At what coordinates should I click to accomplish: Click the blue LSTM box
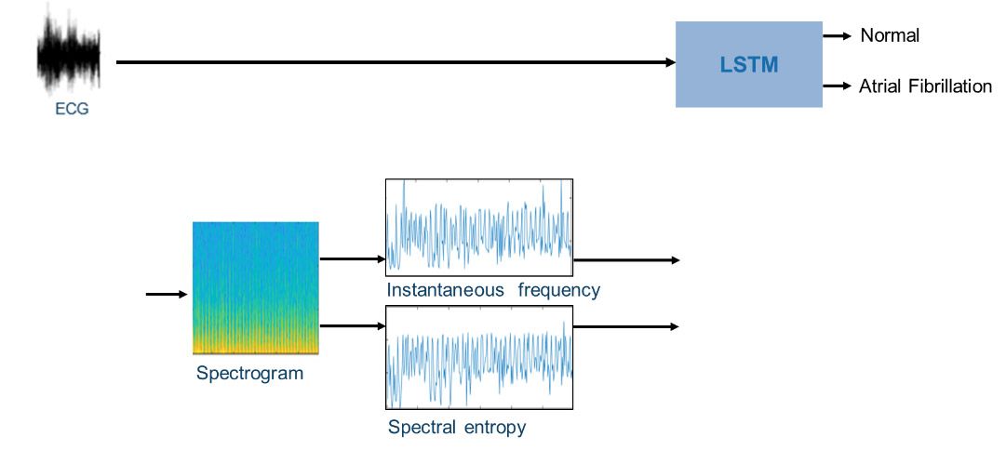click(749, 64)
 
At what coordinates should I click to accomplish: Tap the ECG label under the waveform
click(72, 110)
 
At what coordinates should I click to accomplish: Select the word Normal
click(890, 36)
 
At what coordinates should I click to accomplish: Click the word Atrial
click(880, 86)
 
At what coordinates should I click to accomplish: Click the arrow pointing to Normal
click(838, 36)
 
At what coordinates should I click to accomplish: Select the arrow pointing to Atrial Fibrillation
click(838, 86)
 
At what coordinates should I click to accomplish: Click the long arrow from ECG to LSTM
click(396, 62)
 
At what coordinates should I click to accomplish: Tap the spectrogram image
click(256, 288)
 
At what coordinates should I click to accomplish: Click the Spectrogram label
click(249, 373)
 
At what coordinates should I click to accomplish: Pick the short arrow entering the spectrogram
click(167, 294)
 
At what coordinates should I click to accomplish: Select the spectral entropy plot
click(478, 357)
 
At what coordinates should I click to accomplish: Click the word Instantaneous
click(445, 290)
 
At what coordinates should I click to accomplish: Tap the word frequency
click(558, 291)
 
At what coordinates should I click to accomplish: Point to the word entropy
click(491, 428)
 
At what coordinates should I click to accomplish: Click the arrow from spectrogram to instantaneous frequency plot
click(352, 259)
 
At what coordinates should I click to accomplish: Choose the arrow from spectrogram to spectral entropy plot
click(352, 326)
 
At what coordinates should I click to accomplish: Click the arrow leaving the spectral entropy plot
click(625, 327)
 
